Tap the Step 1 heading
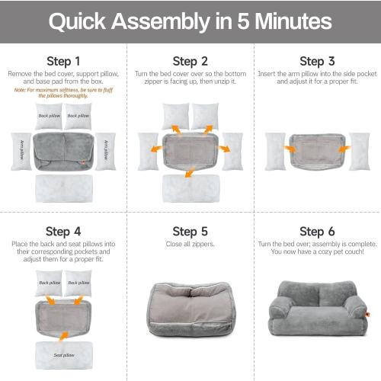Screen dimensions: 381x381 point(63,60)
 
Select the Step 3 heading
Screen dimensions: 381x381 point(317,61)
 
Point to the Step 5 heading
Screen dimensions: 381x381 point(190,231)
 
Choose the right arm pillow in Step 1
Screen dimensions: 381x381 point(105,151)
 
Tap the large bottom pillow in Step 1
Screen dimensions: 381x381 point(63,188)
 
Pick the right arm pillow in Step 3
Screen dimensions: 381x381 point(359,150)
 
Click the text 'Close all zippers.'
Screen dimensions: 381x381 point(190,245)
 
